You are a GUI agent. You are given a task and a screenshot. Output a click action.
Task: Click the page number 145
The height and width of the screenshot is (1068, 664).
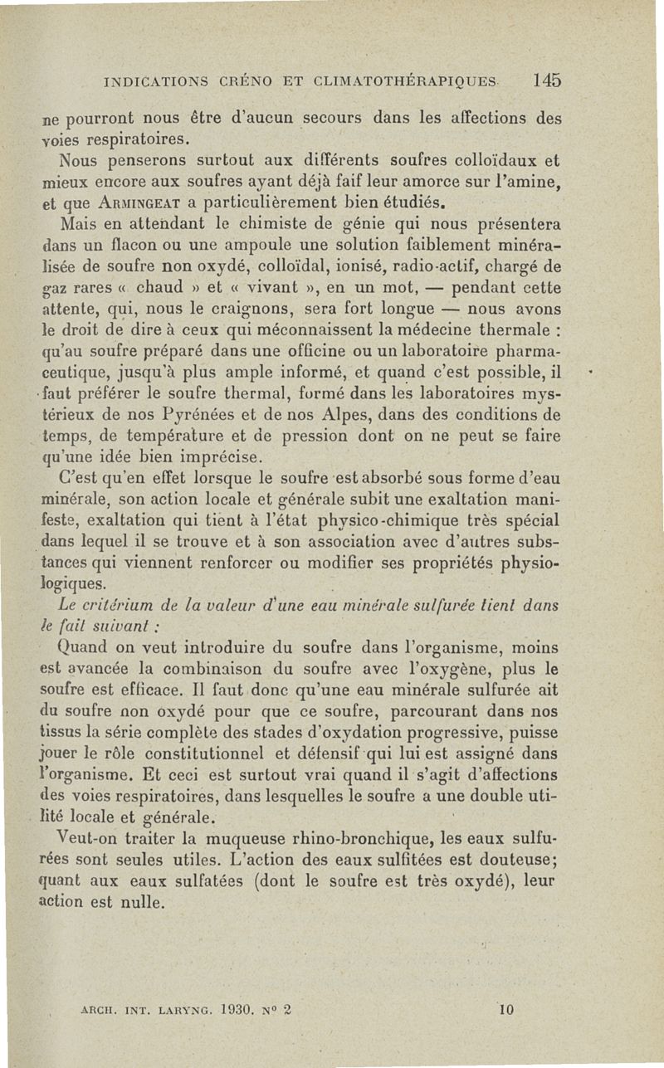click(x=548, y=80)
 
